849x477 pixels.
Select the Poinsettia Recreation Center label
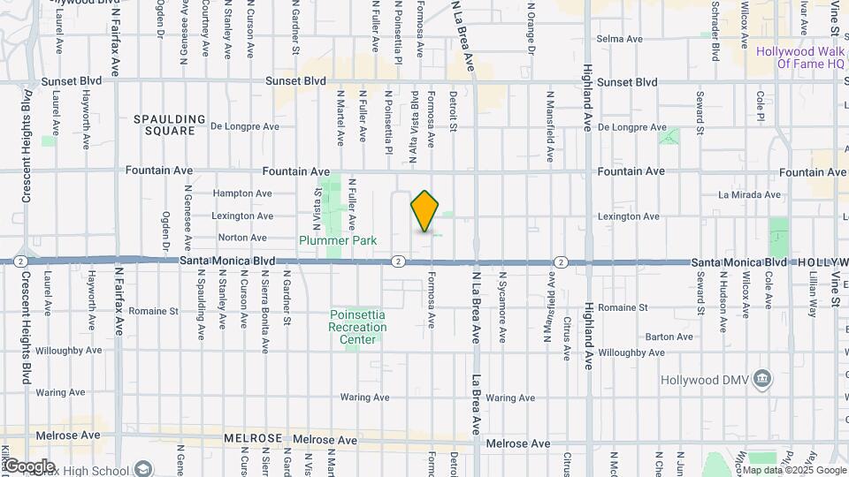point(358,321)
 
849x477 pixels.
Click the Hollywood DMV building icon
point(763,380)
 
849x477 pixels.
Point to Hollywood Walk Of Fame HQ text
point(799,57)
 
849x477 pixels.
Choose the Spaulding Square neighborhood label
point(170,125)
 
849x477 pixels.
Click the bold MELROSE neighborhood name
point(253,438)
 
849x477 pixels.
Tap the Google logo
point(29,466)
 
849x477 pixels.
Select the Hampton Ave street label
point(242,193)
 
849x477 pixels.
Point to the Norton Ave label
point(242,238)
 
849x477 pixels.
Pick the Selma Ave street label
point(619,39)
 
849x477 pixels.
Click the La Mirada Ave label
point(749,194)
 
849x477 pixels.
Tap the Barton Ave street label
point(669,337)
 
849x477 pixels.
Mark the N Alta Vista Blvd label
point(413,115)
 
